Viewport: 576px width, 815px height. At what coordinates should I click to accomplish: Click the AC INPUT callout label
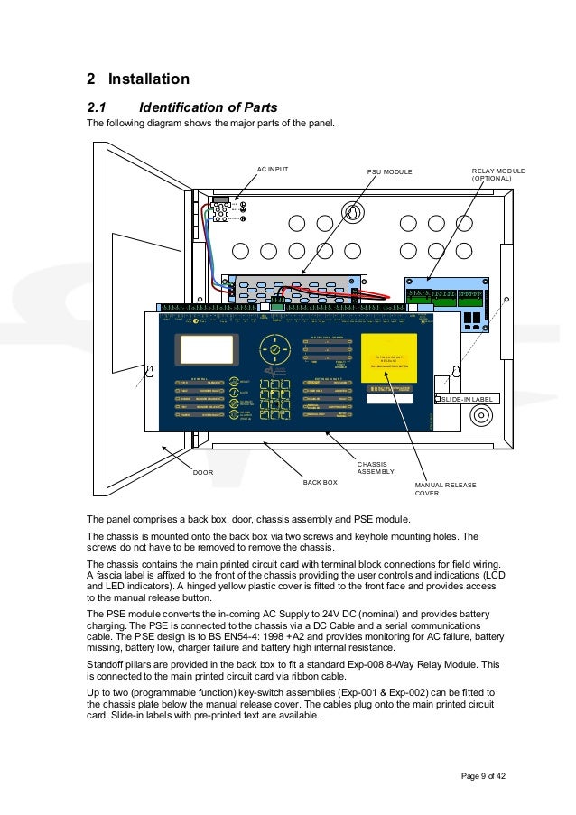[274, 168]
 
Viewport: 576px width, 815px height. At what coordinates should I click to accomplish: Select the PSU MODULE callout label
[389, 170]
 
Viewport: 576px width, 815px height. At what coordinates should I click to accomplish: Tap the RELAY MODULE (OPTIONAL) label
[497, 174]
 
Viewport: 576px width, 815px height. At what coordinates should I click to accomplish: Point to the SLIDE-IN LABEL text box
[468, 398]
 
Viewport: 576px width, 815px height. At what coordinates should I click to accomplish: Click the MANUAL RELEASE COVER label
[445, 489]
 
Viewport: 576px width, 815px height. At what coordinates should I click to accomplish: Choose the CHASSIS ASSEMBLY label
[376, 468]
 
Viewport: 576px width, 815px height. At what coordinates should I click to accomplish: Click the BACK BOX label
[320, 482]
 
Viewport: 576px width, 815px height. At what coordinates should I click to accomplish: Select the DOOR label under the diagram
[203, 470]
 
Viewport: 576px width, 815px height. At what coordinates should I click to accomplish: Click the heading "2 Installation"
[137, 79]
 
